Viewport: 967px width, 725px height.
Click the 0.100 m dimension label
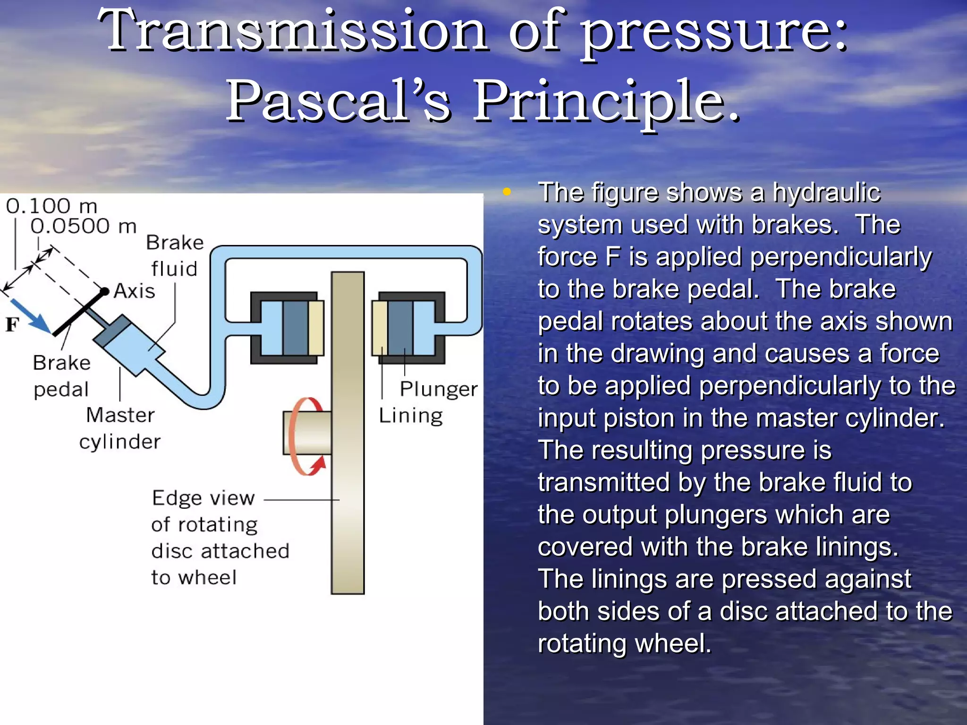pos(51,206)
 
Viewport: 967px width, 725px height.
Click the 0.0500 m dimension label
pos(84,227)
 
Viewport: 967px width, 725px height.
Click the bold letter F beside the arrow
pos(12,325)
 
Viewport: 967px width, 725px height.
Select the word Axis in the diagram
pos(135,291)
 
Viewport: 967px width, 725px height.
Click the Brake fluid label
pos(174,255)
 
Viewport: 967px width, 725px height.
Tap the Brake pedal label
pos(61,376)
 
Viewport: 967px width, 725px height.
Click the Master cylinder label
pos(120,428)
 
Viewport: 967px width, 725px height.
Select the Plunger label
pos(438,389)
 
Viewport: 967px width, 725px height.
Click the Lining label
pos(410,416)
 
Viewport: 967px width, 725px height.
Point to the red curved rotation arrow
pos(302,437)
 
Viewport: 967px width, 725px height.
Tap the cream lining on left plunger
pos(316,328)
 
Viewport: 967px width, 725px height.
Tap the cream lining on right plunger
pos(380,328)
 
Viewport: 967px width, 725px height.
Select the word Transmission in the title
pos(292,30)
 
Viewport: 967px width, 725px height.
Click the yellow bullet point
pos(507,192)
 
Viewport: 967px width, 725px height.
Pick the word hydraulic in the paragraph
pos(826,193)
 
